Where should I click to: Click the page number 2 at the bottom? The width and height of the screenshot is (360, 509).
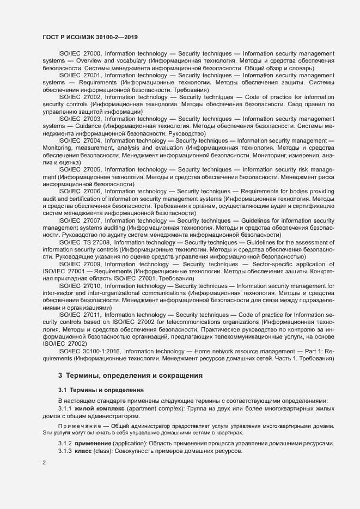tap(44, 463)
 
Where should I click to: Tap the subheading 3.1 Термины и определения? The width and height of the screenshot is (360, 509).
tap(101, 390)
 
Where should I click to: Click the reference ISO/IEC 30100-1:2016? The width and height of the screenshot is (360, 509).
tap(88, 352)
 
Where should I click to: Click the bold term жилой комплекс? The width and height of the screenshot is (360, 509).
tap(100, 408)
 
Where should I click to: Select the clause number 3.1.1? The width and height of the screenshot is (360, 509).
tap(65, 408)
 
